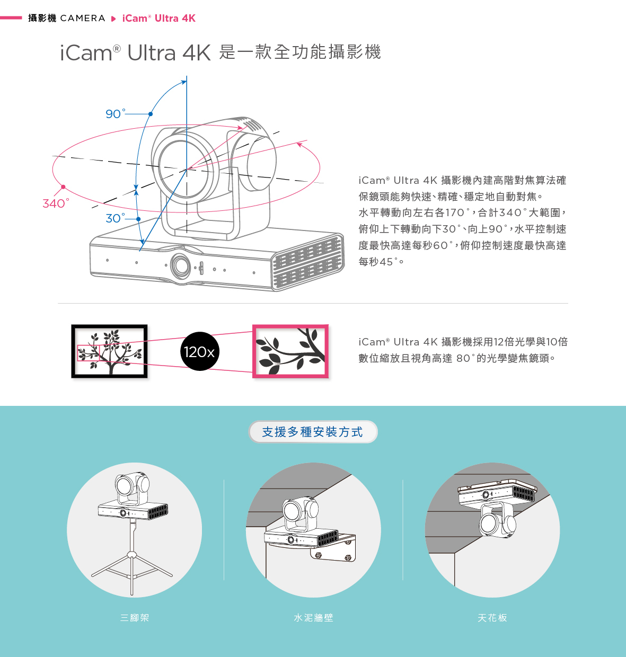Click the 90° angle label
click(x=115, y=114)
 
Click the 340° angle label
click(x=55, y=203)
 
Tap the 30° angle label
click(x=115, y=218)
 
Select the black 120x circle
click(x=199, y=351)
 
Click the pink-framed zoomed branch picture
click(x=290, y=351)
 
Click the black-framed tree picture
click(x=109, y=351)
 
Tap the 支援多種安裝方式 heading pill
click(x=313, y=432)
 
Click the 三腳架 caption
click(x=135, y=618)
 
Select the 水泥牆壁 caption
click(x=313, y=618)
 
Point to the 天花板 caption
click(x=492, y=618)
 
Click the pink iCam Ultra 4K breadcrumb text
click(x=158, y=19)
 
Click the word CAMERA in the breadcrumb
click(x=83, y=19)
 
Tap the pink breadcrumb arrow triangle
click(x=113, y=19)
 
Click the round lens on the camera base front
click(x=181, y=265)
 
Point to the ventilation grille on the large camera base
click(x=306, y=262)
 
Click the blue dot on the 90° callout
click(x=151, y=114)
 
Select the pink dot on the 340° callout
click(x=63, y=187)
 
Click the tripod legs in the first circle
click(x=132, y=567)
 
